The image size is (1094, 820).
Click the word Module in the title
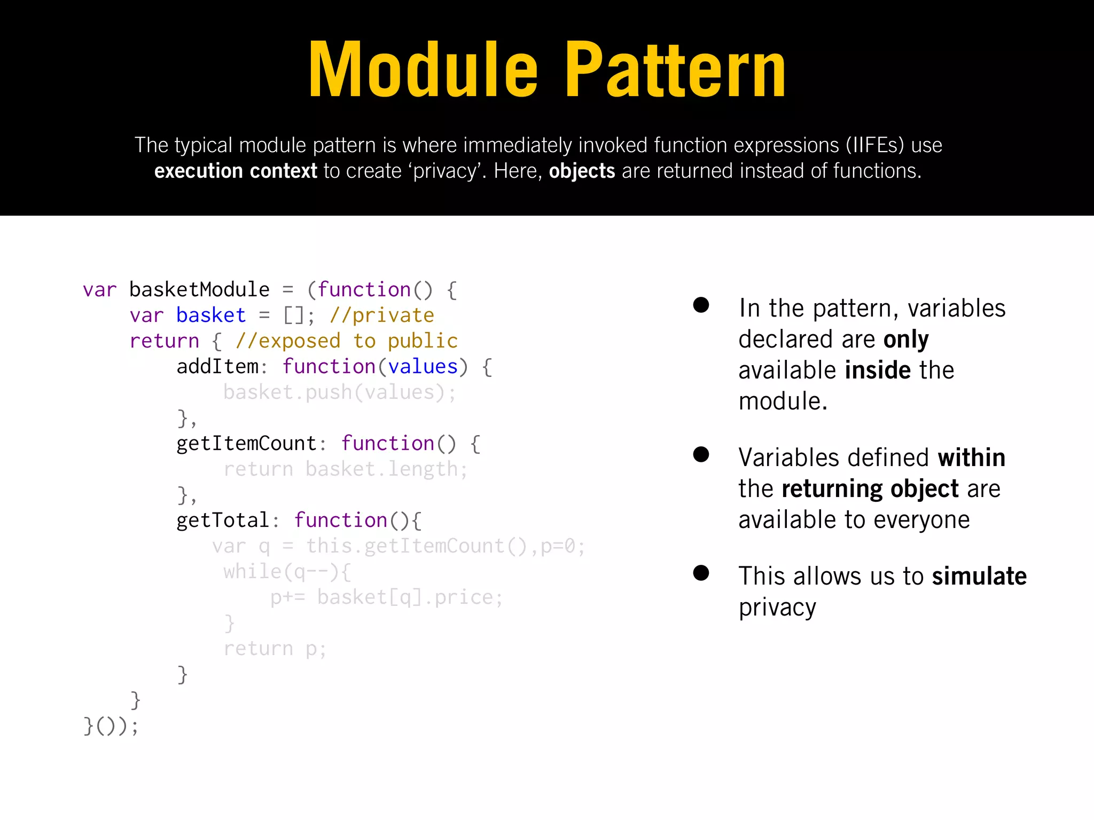click(x=423, y=70)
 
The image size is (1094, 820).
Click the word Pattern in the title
click(x=675, y=70)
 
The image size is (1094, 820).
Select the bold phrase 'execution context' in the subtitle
click(x=236, y=171)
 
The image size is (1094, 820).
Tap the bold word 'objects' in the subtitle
click(x=582, y=171)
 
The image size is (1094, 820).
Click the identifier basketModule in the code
click(x=199, y=290)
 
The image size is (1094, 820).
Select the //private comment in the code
click(x=382, y=316)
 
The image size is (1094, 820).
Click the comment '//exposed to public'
click(x=347, y=341)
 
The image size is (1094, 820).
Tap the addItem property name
click(x=217, y=367)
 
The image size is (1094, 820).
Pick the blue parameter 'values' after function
click(x=423, y=367)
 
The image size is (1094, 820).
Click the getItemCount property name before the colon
click(x=247, y=444)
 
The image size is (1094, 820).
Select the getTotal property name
click(x=223, y=521)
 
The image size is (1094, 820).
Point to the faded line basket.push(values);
click(x=340, y=392)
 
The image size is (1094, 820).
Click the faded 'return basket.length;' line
click(x=346, y=469)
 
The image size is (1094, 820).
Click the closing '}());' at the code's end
click(x=111, y=726)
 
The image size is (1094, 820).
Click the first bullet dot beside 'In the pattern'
click(x=701, y=305)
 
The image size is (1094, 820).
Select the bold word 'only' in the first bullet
click(x=906, y=340)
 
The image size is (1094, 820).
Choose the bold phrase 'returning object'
click(x=870, y=489)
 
